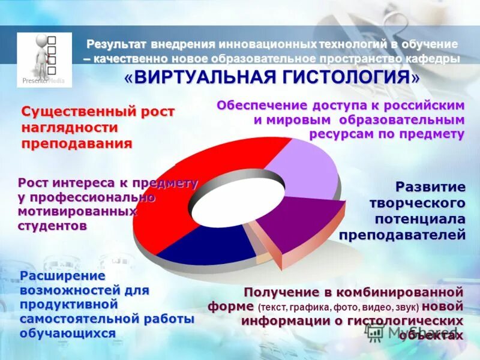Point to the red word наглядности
tap(70, 128)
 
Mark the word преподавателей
tap(402, 235)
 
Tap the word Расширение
tap(63, 275)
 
